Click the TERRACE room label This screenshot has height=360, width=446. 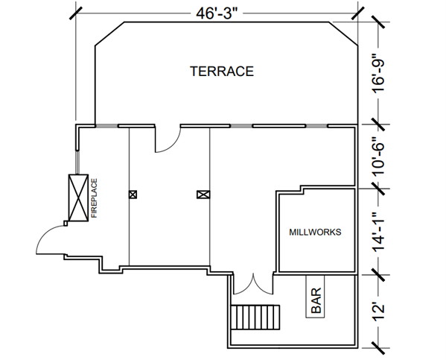(x=222, y=72)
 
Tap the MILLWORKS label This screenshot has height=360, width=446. (x=315, y=232)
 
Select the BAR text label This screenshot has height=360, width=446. (x=316, y=300)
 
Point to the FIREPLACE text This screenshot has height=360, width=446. (x=94, y=198)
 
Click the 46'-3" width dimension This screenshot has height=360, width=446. (x=217, y=13)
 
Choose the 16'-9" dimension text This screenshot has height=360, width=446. (x=378, y=73)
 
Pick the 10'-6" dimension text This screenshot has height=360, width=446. (x=378, y=157)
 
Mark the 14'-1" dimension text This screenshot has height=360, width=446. (x=378, y=232)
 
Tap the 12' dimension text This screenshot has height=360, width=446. (x=378, y=312)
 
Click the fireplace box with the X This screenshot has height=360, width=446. (x=78, y=198)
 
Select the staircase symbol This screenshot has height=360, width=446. (x=255, y=318)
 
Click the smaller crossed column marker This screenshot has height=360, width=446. (x=133, y=195)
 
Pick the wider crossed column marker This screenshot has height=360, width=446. (x=203, y=195)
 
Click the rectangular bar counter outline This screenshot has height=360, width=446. (x=315, y=297)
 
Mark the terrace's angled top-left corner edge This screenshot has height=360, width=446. (x=109, y=34)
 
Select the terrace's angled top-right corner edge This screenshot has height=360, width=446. (x=343, y=34)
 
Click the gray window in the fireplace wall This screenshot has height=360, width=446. (x=77, y=162)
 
